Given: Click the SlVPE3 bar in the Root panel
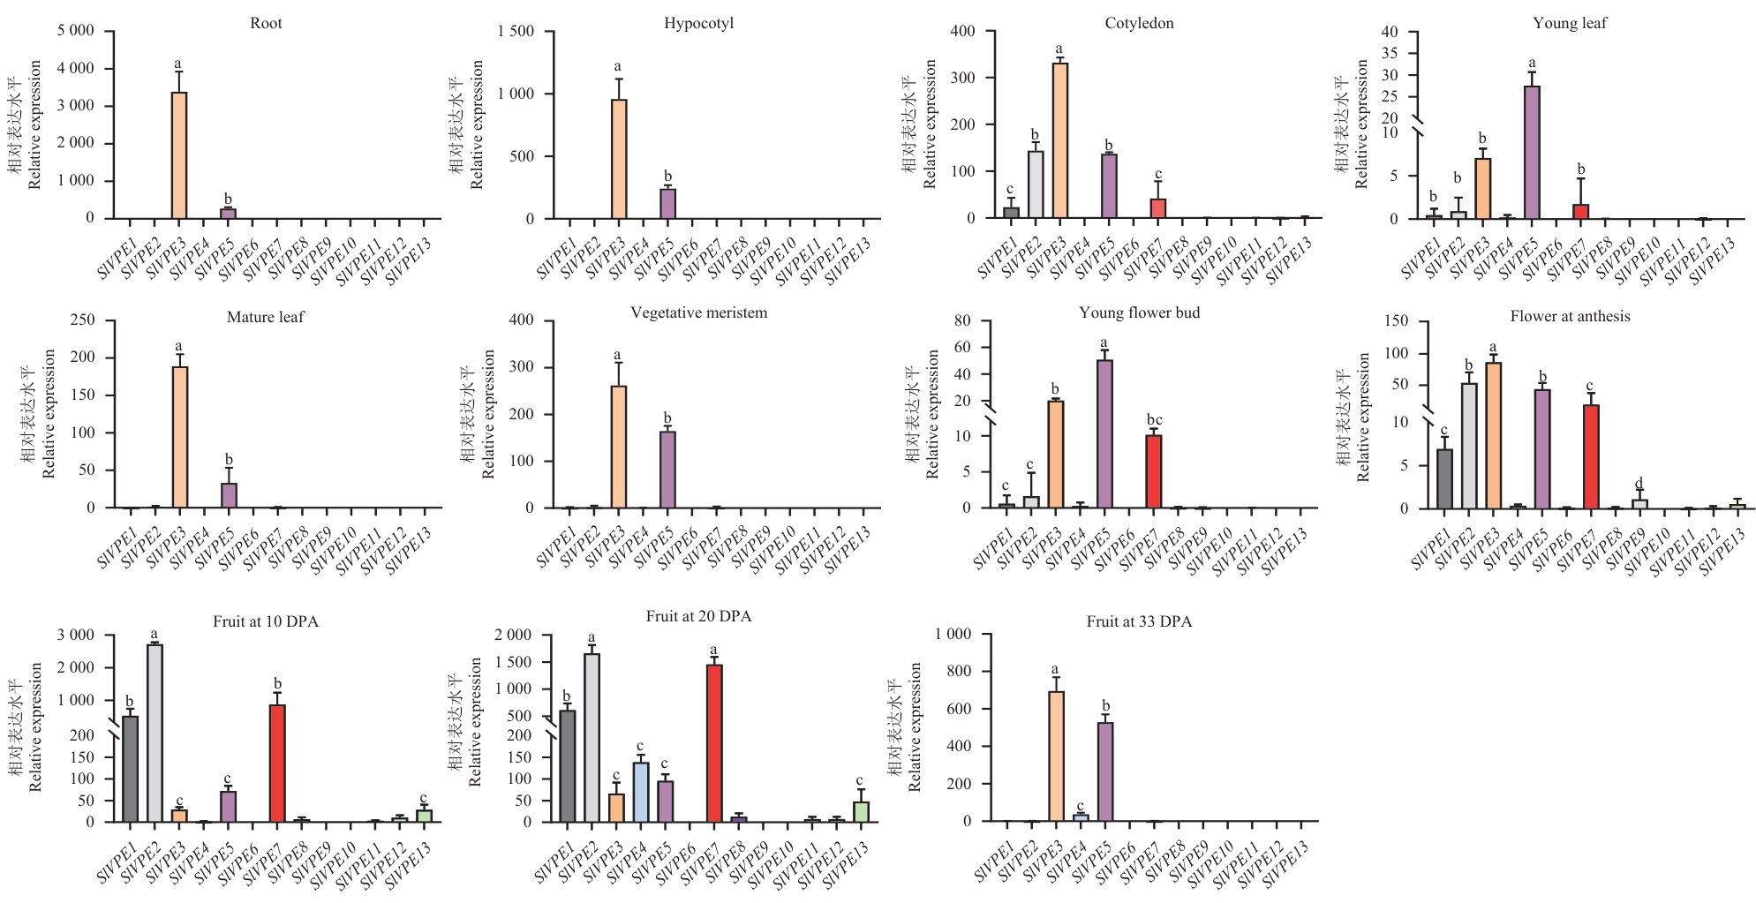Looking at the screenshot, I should tap(178, 155).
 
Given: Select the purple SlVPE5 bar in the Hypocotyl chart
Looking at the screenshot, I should tap(667, 204).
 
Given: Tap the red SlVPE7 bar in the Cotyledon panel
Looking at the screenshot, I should tap(1157, 209).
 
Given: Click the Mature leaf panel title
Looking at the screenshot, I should tap(265, 317).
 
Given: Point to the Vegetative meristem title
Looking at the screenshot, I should tap(698, 313).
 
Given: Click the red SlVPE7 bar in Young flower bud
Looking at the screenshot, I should tap(1153, 471).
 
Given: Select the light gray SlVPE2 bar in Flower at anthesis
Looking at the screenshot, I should tap(1469, 446).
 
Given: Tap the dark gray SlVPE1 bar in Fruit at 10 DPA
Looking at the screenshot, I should tap(130, 769).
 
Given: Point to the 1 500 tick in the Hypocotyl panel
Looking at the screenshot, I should tap(516, 32).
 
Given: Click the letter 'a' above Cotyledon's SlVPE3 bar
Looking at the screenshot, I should tap(1059, 49).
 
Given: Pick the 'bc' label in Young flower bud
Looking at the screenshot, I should tap(1154, 420).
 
